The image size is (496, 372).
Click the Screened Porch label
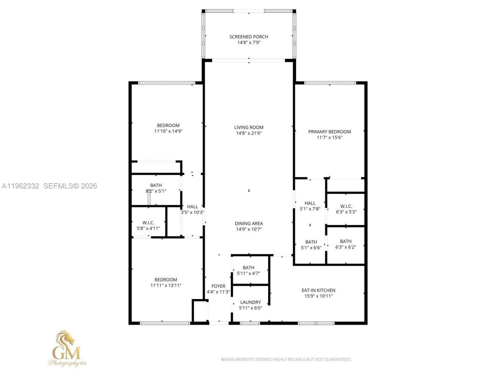pos(248,37)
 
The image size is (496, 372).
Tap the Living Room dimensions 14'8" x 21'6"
pos(248,133)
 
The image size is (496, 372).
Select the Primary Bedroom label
pos(329,132)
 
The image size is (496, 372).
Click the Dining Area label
pos(248,223)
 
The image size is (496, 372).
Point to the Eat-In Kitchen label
pos(318,290)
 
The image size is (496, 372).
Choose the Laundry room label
pos(250,302)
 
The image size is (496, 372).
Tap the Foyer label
pos(218,286)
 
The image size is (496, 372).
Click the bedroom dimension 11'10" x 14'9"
pos(168,131)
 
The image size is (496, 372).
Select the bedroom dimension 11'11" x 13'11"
pos(166,285)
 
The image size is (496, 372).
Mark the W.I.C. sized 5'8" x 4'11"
pos(148,226)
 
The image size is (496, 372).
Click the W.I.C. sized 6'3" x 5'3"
pos(346,209)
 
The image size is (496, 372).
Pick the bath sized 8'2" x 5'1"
pos(156,188)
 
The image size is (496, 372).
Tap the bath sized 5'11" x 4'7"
pos(248,270)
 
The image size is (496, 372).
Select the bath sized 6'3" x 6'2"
pos(346,244)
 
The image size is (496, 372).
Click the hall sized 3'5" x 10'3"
pos(192,209)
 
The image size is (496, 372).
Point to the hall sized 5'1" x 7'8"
pos(310,206)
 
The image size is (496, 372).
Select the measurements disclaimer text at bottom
pos(286,359)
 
